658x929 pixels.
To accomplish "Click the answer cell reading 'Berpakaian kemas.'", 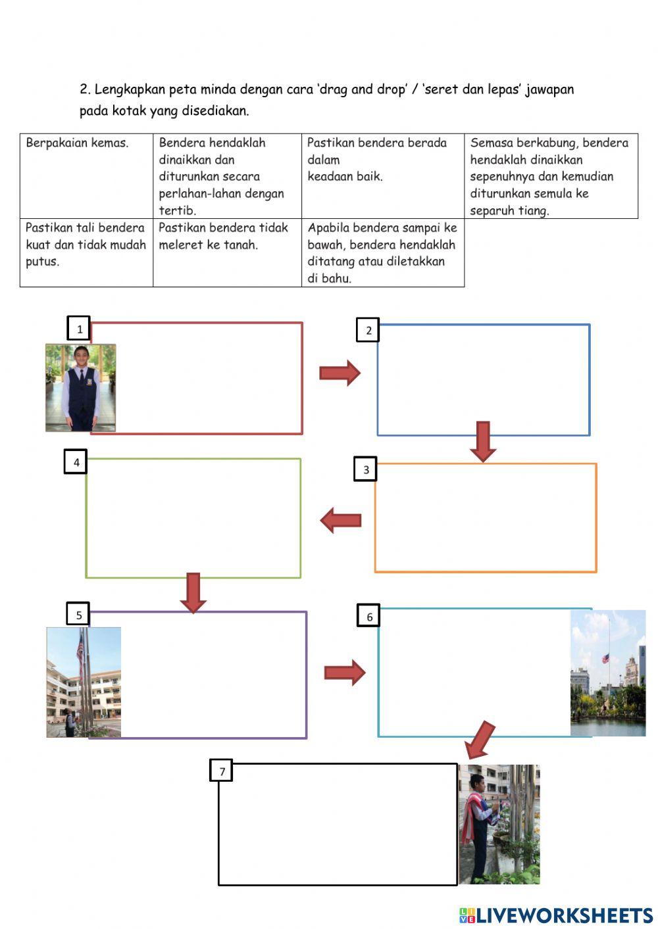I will pos(86,176).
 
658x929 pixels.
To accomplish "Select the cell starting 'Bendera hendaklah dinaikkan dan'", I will pos(227,176).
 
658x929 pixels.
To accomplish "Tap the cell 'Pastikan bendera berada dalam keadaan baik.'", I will pos(383,176).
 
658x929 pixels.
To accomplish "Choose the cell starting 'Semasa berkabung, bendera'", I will pos(551,176).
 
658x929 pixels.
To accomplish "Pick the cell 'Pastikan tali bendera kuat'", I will pos(86,252).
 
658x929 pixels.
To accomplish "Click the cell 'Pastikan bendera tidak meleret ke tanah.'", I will pos(227,252).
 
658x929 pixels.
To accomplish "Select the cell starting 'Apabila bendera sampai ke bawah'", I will pos(383,252).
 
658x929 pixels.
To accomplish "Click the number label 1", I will pos(80,329).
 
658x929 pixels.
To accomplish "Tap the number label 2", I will pos(368,330).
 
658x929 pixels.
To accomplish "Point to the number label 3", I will pos(366,469).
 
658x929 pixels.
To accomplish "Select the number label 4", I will pos(76,462).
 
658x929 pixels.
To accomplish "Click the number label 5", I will pos(78,615).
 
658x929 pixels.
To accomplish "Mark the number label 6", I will pos(369,616).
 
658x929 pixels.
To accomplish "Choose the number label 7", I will pos(222,771).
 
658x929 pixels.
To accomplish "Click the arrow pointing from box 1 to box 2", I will pos(340,373).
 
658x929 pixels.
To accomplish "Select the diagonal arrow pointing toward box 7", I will pos(480,739).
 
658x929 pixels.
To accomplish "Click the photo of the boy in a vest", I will pos(80,387).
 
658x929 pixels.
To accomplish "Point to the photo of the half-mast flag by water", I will pos(608,673).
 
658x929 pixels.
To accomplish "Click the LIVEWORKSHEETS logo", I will pos(556,915).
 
